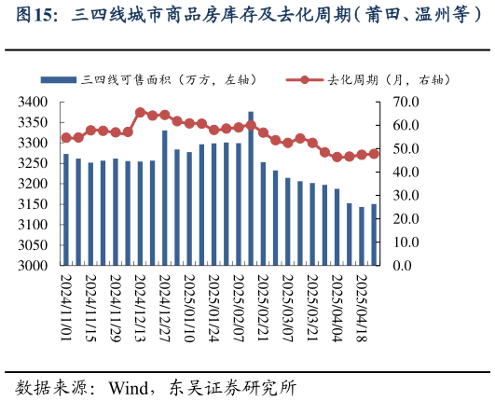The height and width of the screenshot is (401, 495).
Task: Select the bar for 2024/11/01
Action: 65,210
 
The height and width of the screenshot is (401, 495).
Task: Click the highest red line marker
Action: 140,113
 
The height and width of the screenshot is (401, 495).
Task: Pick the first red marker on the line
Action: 65,137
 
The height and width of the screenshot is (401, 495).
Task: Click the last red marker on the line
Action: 374,154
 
